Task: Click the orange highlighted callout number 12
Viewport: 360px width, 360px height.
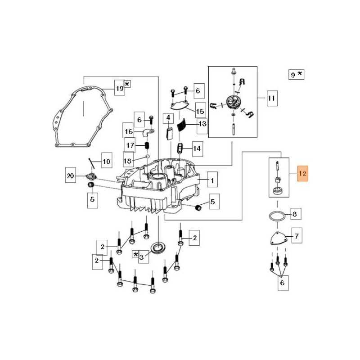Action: [x=302, y=173]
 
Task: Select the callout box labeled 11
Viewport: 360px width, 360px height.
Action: [x=272, y=98]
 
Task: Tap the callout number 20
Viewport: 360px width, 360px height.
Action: [x=71, y=176]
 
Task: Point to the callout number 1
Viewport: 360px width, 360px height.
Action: [x=212, y=181]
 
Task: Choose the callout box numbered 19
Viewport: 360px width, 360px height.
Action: [x=120, y=87]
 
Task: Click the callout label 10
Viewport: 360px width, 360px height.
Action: [x=107, y=162]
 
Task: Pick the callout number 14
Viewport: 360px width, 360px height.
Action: [x=197, y=148]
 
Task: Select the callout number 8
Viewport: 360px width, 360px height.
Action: [x=295, y=214]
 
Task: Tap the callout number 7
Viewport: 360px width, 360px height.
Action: [x=297, y=235]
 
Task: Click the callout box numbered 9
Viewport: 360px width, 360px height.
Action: [x=296, y=74]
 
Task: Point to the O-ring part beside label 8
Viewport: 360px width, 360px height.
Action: [x=277, y=216]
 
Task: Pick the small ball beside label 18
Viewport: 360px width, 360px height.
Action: [x=148, y=156]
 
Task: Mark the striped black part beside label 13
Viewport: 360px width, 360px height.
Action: [x=181, y=125]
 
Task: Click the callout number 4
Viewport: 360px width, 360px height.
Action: [x=168, y=118]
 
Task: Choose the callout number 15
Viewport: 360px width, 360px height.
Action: [x=200, y=111]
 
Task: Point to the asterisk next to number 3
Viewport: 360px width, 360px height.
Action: [x=136, y=254]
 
